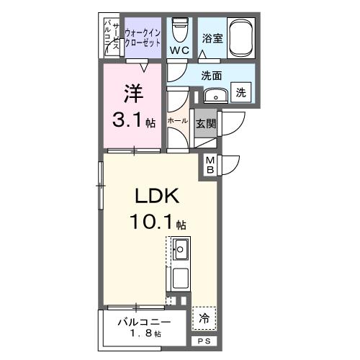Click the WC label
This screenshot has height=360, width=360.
click(x=179, y=50)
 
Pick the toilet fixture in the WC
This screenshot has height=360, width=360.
click(x=179, y=29)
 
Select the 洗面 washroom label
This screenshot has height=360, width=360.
click(x=211, y=74)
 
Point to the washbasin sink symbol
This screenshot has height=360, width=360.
click(x=213, y=95)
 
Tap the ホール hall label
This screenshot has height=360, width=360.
click(x=178, y=121)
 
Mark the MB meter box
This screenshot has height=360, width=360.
click(x=210, y=165)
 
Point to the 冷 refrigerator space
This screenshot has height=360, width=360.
click(x=204, y=317)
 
